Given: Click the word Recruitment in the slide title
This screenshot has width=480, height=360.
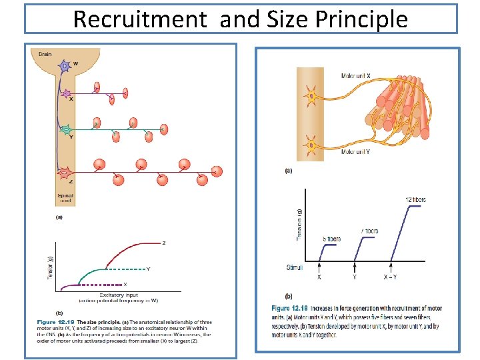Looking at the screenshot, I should click(140, 19).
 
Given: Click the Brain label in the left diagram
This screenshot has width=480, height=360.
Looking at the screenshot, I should click(45, 53).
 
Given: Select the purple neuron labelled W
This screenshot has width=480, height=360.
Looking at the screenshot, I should click(65, 66).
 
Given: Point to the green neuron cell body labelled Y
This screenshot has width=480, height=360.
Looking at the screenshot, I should click(65, 130).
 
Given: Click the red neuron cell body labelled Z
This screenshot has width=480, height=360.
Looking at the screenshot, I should click(65, 174).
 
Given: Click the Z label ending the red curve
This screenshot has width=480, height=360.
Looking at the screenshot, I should click(164, 243).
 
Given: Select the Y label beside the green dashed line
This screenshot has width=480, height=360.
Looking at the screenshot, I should click(147, 269).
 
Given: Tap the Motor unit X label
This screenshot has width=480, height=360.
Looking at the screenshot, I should click(356, 76).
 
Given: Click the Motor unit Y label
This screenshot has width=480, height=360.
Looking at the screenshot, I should click(356, 151).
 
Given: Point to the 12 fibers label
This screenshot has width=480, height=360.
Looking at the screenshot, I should click(416, 199).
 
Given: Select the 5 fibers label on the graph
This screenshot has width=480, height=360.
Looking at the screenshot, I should click(331, 239).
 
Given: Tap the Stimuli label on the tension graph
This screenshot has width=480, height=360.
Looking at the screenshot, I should click(294, 267).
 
